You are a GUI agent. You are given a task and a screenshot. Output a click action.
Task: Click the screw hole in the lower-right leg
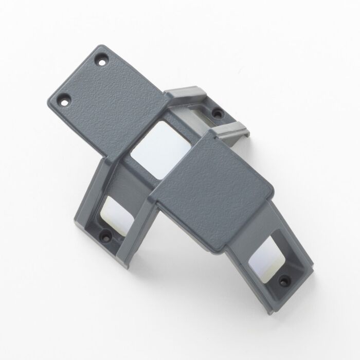coord(282,280)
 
